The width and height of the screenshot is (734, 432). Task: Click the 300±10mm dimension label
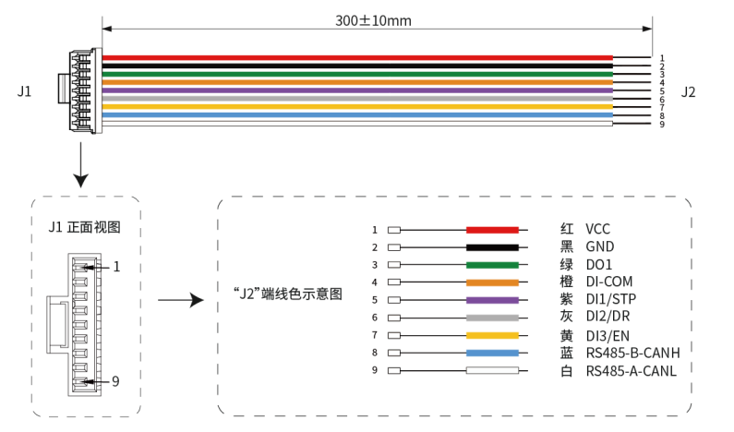click(373, 20)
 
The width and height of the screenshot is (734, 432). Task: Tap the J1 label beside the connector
click(24, 90)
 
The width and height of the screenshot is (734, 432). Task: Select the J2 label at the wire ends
click(688, 91)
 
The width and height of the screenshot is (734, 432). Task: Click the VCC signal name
click(597, 229)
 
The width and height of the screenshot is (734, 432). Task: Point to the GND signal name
click(599, 246)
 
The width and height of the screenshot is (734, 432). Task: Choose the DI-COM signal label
click(609, 282)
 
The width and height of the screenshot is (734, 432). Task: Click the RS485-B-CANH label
click(632, 353)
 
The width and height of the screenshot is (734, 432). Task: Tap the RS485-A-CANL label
click(631, 371)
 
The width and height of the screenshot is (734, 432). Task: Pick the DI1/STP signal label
click(611, 298)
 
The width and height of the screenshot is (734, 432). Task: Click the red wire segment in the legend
click(492, 230)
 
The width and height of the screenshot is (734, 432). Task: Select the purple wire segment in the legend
click(492, 300)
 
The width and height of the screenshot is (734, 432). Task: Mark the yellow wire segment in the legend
click(492, 335)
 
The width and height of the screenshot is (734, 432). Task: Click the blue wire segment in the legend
click(492, 353)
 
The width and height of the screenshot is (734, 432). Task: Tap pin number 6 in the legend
click(375, 318)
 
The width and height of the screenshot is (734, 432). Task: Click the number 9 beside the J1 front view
click(115, 381)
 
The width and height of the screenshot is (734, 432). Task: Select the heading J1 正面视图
click(84, 227)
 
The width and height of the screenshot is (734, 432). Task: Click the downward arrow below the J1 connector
click(80, 164)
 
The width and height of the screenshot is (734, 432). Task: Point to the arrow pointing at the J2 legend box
click(181, 300)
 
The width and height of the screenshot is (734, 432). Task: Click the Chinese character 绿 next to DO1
click(566, 264)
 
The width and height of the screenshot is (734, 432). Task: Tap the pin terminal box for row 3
click(394, 265)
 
